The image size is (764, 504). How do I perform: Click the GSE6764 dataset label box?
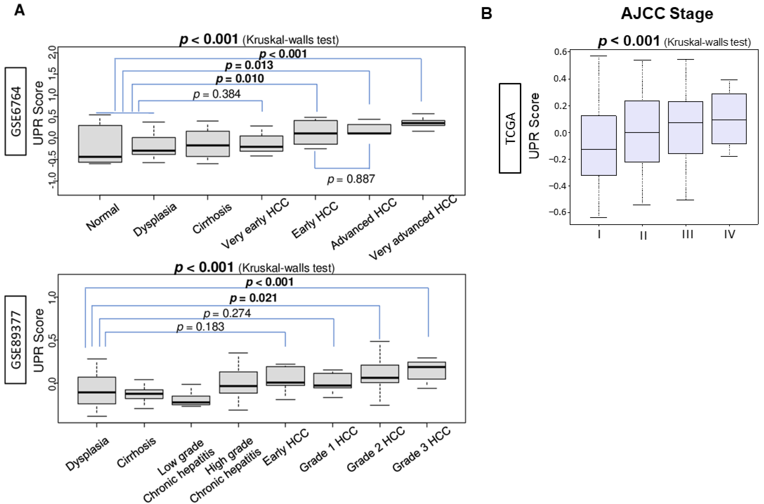(x=15, y=111)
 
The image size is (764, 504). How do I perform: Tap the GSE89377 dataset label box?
(x=15, y=340)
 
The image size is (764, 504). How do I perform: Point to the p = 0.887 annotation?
(x=351, y=179)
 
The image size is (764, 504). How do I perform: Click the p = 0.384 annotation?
(x=217, y=94)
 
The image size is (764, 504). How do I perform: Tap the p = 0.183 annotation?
(x=200, y=327)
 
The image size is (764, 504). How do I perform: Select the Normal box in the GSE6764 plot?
(x=100, y=144)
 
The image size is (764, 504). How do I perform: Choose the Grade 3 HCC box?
(x=427, y=371)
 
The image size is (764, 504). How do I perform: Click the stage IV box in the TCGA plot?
(x=729, y=119)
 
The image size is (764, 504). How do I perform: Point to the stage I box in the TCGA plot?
(x=599, y=145)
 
